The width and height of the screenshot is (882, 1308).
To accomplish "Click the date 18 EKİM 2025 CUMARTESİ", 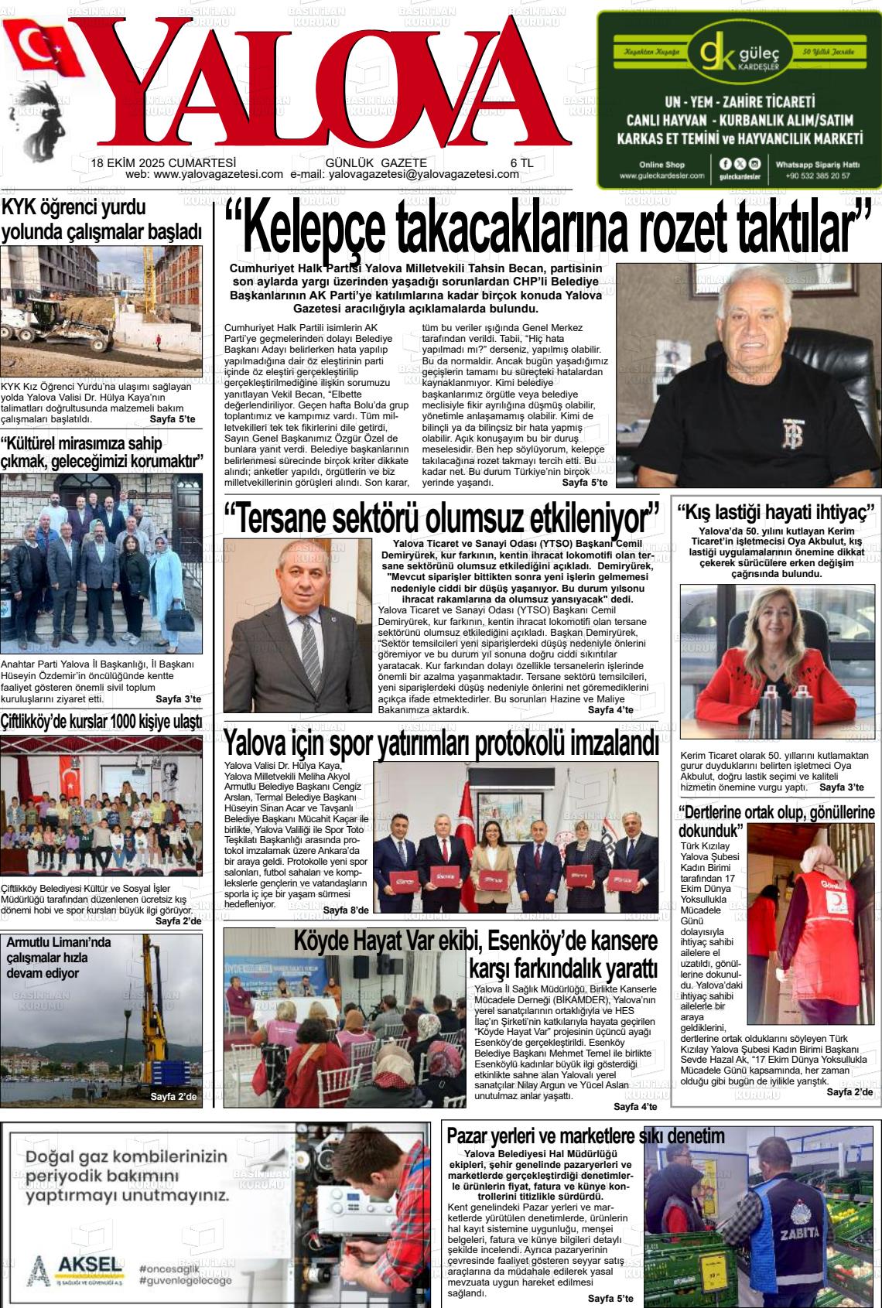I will point(163,163).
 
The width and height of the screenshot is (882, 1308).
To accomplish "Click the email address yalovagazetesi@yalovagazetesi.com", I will point(424,175).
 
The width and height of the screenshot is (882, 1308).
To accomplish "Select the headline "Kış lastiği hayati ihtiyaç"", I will point(776,513).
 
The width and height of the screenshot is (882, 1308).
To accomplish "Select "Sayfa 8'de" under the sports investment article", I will point(345,910).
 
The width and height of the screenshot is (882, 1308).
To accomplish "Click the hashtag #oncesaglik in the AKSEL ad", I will point(169,1269).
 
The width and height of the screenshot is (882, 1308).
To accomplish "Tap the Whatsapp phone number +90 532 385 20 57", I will point(818,176).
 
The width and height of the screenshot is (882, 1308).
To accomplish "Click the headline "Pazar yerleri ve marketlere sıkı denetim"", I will point(586,1136).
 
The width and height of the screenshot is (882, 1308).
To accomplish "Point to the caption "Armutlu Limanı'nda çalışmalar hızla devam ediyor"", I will point(59,958).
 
